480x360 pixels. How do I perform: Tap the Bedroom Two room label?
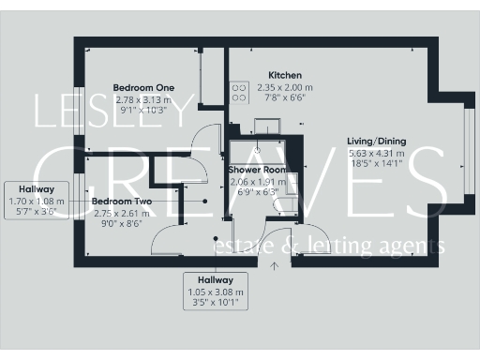(x=122, y=201)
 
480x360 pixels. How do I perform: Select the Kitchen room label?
(x=284, y=75)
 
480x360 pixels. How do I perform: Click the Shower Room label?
(x=257, y=170)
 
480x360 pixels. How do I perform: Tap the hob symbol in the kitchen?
(x=238, y=92)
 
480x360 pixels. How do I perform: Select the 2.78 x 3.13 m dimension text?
(x=142, y=99)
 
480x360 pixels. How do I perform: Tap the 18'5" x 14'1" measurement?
(x=376, y=163)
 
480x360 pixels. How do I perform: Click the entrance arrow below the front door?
(x=275, y=266)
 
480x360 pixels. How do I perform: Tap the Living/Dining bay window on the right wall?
(x=468, y=156)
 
